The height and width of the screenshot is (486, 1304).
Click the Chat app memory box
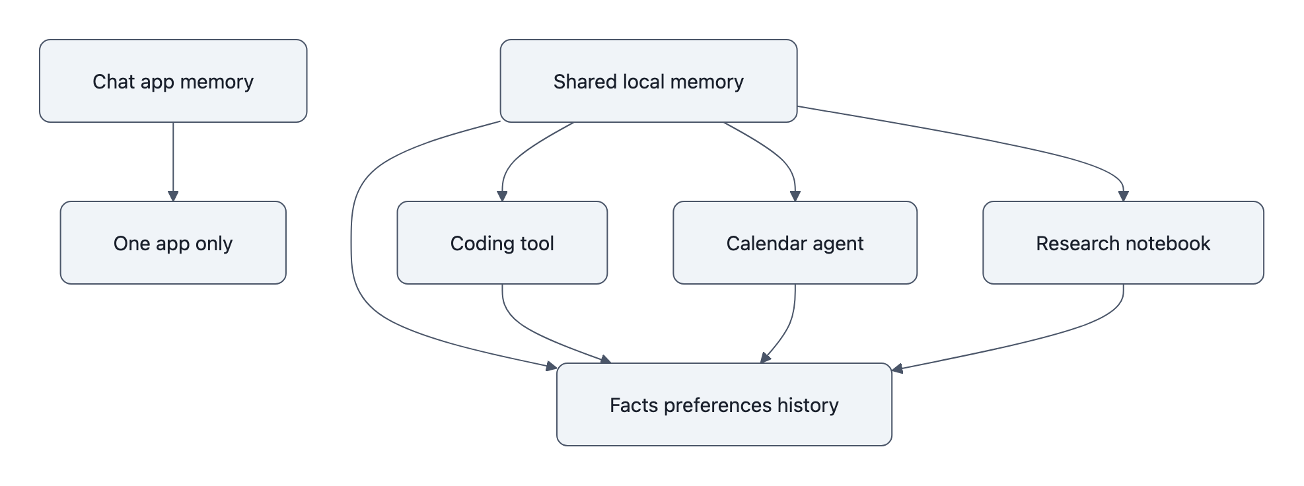click(x=173, y=81)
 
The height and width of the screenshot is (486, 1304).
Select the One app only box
click(x=173, y=243)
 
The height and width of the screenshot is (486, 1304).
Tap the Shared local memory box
click(x=648, y=81)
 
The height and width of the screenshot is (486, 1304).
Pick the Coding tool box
click(x=502, y=243)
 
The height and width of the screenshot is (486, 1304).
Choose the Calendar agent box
click(x=795, y=243)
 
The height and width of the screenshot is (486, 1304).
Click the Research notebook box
click(x=1123, y=243)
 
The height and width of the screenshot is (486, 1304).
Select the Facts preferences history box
click(x=724, y=405)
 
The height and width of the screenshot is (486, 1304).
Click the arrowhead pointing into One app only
click(x=173, y=196)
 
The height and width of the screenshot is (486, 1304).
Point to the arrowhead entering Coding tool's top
click(x=502, y=196)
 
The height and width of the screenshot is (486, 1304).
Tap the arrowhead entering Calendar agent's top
click(x=795, y=196)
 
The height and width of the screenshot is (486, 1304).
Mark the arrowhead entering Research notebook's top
click(x=1124, y=196)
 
